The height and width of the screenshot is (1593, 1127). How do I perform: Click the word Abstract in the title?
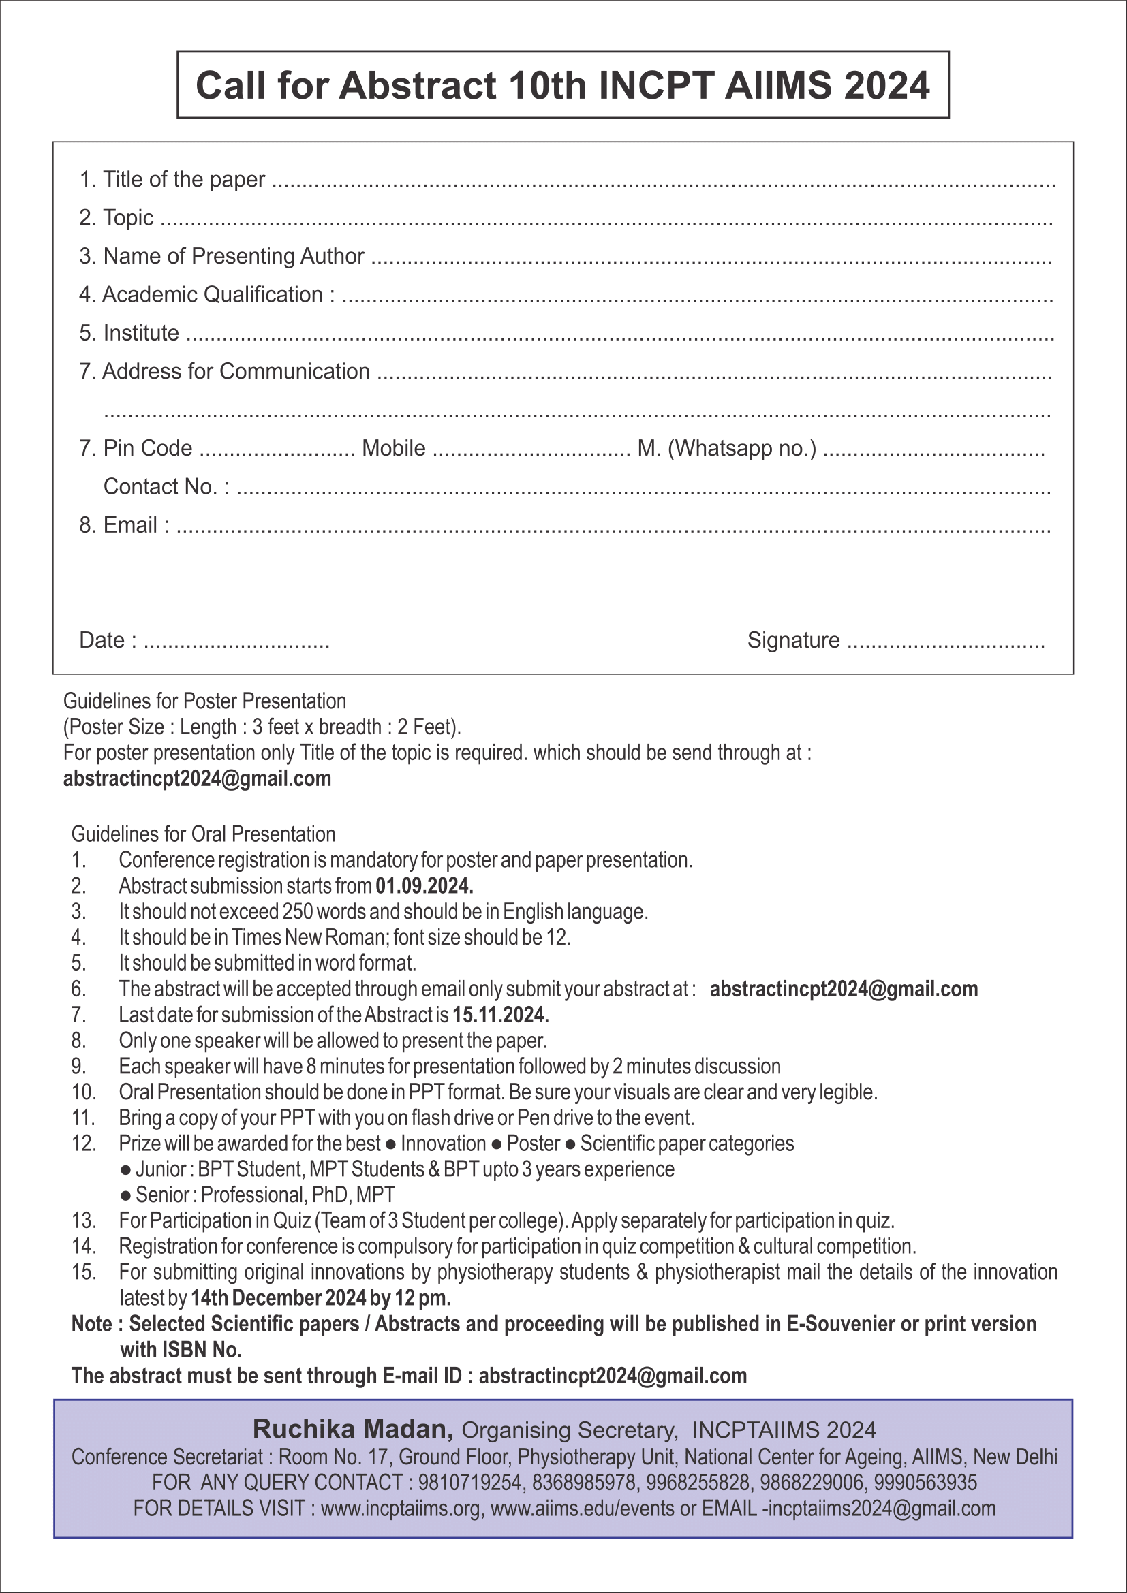(x=418, y=85)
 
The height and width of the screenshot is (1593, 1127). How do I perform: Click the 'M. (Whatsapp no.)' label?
(x=726, y=448)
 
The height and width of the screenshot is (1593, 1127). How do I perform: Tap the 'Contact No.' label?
(x=166, y=486)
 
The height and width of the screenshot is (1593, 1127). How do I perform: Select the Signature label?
(x=793, y=640)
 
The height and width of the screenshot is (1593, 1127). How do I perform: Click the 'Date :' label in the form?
(x=108, y=640)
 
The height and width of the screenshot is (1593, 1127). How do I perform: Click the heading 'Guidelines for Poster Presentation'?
(x=204, y=701)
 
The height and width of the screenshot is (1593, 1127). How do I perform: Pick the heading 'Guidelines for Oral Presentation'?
(x=203, y=834)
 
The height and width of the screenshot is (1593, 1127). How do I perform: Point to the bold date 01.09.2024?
(x=424, y=886)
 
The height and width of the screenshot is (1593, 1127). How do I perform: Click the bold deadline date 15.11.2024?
(x=500, y=1015)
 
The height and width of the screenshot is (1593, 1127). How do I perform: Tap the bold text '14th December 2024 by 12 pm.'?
(x=321, y=1298)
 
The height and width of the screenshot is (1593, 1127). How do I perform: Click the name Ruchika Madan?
(x=353, y=1430)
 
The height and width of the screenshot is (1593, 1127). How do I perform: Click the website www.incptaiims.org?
(x=401, y=1509)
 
